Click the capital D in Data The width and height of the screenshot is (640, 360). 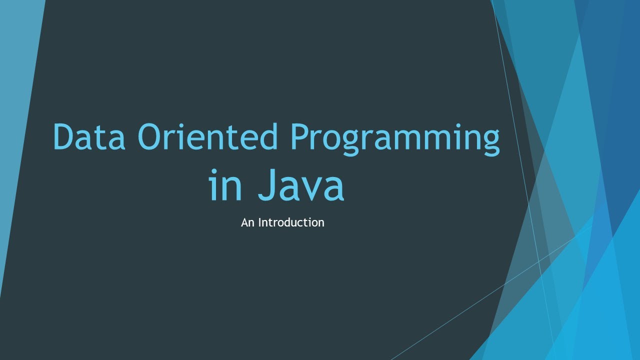pyautogui.click(x=63, y=136)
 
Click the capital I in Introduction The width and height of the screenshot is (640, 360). pyautogui.click(x=259, y=222)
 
